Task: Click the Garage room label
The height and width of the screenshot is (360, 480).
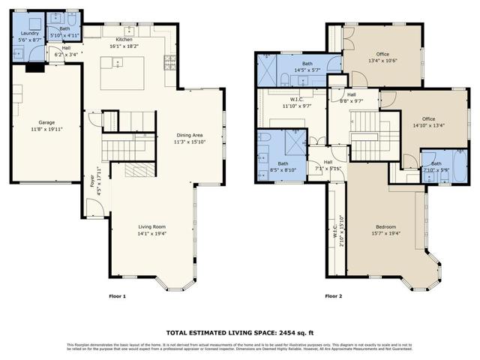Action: pos(46,122)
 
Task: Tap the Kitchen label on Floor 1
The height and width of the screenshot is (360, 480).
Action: pos(124,39)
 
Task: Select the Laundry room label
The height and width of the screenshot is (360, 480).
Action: pos(31,33)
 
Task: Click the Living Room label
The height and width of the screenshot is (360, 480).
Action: pos(151,226)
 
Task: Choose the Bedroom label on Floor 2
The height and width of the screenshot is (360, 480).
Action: pos(385,226)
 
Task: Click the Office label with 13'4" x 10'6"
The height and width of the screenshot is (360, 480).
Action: pos(382,54)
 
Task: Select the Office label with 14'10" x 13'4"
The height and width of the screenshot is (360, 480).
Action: pos(428,118)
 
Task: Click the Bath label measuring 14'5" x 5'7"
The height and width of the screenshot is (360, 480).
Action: pos(307,64)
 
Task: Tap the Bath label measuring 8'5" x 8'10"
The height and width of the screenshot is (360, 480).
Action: pos(282,163)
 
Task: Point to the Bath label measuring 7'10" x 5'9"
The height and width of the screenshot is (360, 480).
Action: pos(436,163)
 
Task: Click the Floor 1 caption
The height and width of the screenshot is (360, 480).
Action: pos(118,296)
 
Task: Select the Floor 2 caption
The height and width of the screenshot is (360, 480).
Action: pos(333,296)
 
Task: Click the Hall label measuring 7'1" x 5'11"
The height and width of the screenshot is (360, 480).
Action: pos(328,161)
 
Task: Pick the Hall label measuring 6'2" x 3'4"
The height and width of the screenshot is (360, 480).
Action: pos(66,46)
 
